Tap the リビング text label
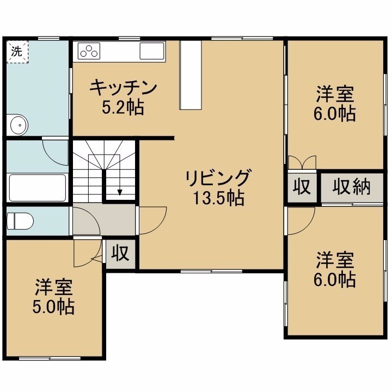tap(217, 177)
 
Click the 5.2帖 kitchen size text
tap(122, 107)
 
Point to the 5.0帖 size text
tap(53, 307)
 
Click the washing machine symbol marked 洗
tap(17, 52)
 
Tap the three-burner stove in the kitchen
tap(89, 51)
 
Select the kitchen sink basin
tap(152, 51)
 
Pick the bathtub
tap(38, 188)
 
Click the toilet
tap(20, 221)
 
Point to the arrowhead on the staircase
tap(120, 193)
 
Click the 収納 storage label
tap(351, 187)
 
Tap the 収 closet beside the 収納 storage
tap(302, 187)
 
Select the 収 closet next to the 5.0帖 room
tap(120, 254)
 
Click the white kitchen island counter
tap(191, 75)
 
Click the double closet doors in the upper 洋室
tap(302, 162)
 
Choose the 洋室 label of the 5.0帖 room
tap(54, 286)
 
